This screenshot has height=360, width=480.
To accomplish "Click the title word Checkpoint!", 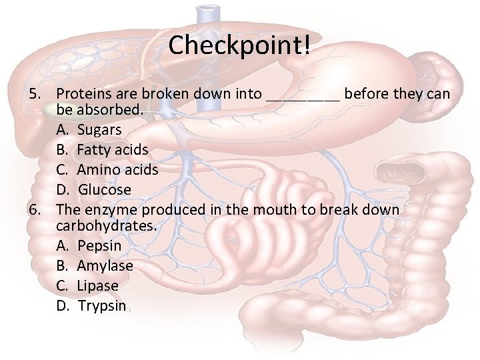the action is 239,45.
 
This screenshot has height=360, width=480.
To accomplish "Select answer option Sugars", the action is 99,129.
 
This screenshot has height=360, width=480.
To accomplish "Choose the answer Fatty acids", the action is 113,149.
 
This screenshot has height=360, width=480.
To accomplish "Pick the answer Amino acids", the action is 117,169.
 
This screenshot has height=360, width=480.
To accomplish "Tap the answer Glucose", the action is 105,190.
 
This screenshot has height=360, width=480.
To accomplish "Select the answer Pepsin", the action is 99,245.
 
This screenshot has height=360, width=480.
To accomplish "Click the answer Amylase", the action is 105,266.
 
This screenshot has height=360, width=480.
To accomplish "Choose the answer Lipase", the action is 98,286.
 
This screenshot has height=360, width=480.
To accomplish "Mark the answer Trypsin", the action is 101,306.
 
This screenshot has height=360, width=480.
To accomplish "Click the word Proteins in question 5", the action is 83,94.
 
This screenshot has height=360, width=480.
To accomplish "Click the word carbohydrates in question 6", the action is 107,226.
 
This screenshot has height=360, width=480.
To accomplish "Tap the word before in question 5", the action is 366,94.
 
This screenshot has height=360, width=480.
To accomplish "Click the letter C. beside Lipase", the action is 64,286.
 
